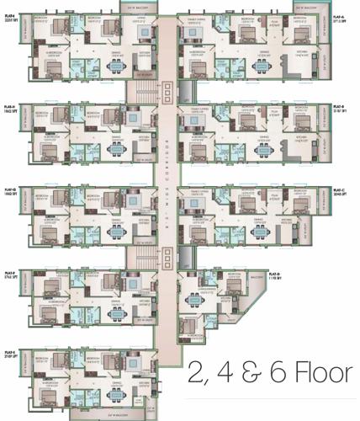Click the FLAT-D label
coord(274,274)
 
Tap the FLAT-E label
coord(9,354)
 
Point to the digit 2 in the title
coord(197,372)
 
